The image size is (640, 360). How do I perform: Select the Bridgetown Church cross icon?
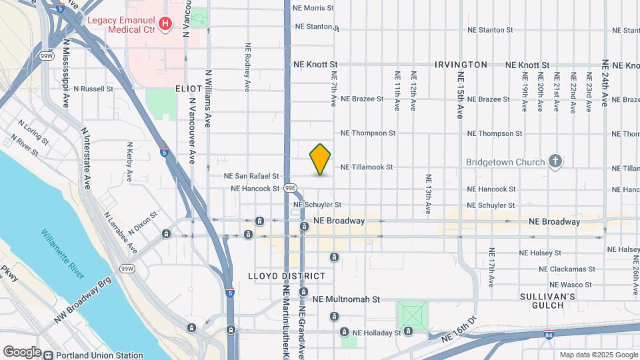click(555, 161)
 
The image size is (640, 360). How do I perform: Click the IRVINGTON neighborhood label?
click(461, 65)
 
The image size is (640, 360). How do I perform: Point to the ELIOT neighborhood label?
click(189, 88)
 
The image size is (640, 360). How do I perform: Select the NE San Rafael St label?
click(251, 176)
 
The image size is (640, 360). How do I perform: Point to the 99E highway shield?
click(289, 188)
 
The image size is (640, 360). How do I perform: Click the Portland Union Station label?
click(100, 355)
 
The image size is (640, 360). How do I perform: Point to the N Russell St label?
click(94, 88)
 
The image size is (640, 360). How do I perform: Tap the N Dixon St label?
click(144, 221)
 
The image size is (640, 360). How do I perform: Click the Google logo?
click(22, 352)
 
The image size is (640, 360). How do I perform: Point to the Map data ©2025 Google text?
click(597, 355)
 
